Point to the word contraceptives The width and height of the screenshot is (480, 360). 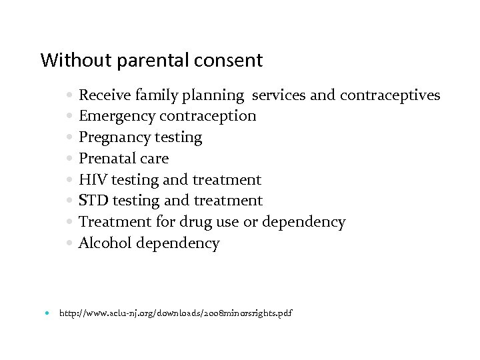point(390,95)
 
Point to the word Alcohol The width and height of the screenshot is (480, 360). point(105,243)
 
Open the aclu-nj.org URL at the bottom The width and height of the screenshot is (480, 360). point(176,313)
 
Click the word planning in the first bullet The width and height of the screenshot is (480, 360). point(215,95)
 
